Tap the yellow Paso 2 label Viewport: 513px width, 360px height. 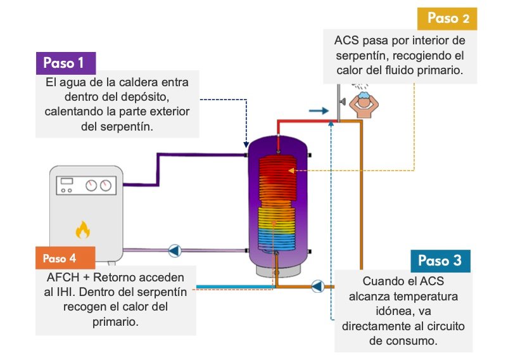(448, 18)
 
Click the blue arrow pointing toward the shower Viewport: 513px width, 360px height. (319, 110)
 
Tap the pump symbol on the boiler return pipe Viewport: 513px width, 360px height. (175, 251)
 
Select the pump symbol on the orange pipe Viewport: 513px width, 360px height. (318, 286)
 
